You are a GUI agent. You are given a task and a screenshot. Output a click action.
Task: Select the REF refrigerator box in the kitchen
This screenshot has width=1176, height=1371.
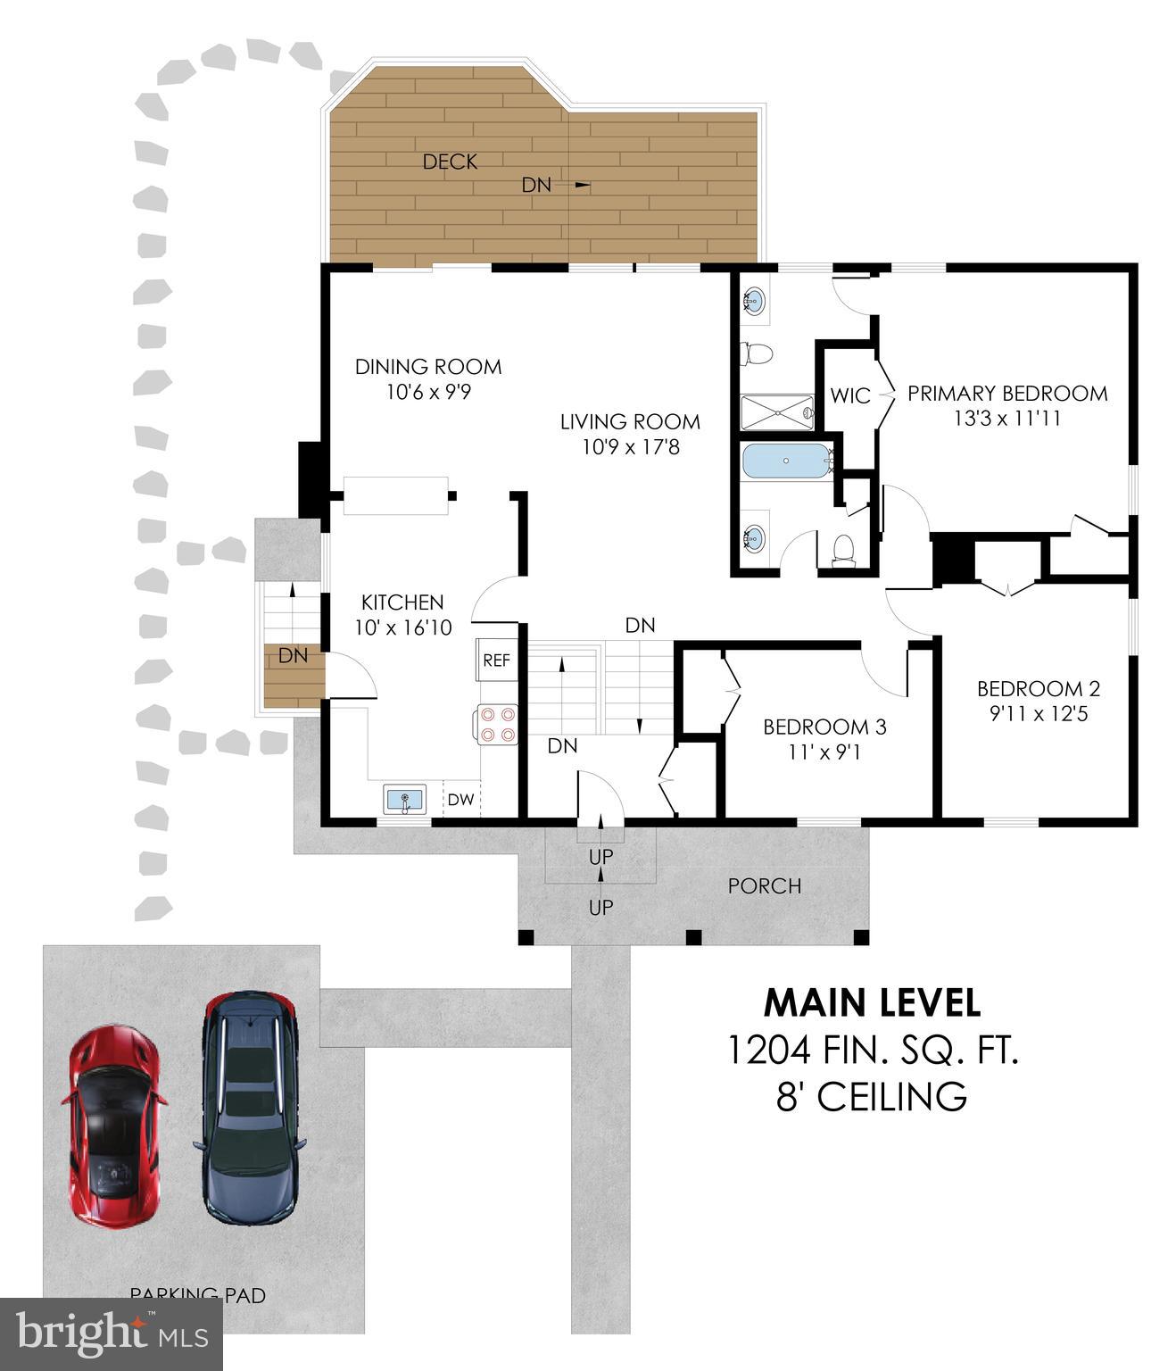[496, 661]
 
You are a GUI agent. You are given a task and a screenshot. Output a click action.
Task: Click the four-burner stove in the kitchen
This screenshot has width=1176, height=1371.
[497, 724]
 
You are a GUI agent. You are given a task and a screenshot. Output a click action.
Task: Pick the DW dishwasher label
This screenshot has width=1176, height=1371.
[460, 800]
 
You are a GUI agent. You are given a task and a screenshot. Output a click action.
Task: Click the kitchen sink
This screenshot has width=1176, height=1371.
[406, 799]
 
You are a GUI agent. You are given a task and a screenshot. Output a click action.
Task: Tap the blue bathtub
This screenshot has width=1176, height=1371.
[785, 461]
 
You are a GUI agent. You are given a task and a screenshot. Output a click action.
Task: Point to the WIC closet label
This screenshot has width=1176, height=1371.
[849, 395]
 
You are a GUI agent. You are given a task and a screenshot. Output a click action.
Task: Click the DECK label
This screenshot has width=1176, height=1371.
[450, 162]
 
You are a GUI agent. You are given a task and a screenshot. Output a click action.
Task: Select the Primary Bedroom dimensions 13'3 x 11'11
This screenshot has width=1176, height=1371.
[1006, 419]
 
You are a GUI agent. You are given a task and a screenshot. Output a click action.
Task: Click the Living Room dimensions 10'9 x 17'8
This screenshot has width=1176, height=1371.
[630, 446]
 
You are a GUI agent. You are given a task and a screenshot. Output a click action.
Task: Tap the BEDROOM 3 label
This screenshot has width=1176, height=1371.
[824, 727]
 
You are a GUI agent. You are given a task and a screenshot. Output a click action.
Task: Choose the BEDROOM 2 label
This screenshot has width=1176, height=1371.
[1038, 688]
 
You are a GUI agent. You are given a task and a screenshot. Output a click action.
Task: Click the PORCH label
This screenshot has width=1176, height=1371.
[765, 885]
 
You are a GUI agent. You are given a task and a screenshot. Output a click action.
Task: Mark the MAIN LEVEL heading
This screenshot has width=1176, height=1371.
[872, 1002]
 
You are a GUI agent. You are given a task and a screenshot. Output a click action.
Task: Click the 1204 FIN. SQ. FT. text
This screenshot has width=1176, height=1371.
[872, 1050]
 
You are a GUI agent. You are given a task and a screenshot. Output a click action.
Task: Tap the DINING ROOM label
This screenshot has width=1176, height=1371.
[428, 366]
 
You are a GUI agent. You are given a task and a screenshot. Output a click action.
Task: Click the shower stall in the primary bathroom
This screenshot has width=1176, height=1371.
[777, 412]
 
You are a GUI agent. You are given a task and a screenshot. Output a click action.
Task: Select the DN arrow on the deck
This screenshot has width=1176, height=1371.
[581, 185]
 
